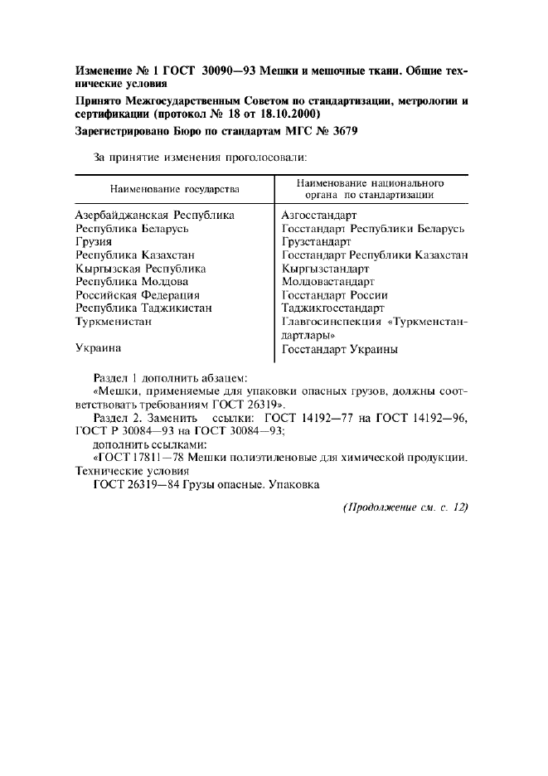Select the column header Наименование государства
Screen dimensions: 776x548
[x=174, y=189]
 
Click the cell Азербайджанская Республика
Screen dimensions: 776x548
[x=155, y=216]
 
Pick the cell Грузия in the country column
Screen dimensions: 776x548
[x=94, y=242]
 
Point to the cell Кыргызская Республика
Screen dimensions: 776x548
[x=141, y=269]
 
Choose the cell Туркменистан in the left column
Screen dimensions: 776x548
[x=114, y=322]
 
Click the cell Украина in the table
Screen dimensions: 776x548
[x=99, y=349]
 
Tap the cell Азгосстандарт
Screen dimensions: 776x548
[x=319, y=216]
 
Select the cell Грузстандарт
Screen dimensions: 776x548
[x=317, y=242]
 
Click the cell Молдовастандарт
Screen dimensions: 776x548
[x=327, y=282]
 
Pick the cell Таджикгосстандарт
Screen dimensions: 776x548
[x=332, y=308]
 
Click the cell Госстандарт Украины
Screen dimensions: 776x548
[x=339, y=349]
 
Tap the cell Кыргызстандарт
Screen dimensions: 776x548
[x=325, y=269]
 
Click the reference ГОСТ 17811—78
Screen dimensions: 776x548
[x=138, y=456]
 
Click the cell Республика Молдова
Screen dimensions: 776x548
[x=132, y=282]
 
